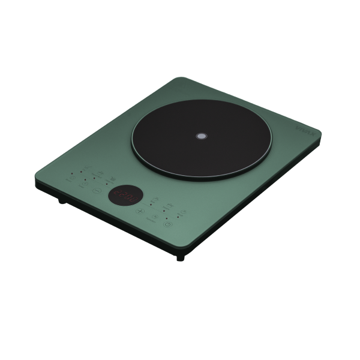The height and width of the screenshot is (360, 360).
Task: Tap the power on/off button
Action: (x=167, y=224)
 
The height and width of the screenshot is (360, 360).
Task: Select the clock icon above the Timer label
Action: (x=85, y=184)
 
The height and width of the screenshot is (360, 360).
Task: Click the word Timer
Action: (x=81, y=187)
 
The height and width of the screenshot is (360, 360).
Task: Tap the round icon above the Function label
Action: (x=155, y=217)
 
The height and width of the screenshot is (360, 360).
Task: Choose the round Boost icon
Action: (x=73, y=178)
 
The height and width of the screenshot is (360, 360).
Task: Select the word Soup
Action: (x=180, y=215)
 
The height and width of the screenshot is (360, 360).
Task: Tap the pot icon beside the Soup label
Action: (x=184, y=212)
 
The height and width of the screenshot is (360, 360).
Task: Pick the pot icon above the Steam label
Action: (x=170, y=205)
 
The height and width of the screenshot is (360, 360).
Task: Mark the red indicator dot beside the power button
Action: (x=167, y=218)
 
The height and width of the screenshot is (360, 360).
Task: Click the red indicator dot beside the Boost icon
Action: (x=71, y=173)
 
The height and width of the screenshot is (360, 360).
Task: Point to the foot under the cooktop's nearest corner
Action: (x=181, y=259)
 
